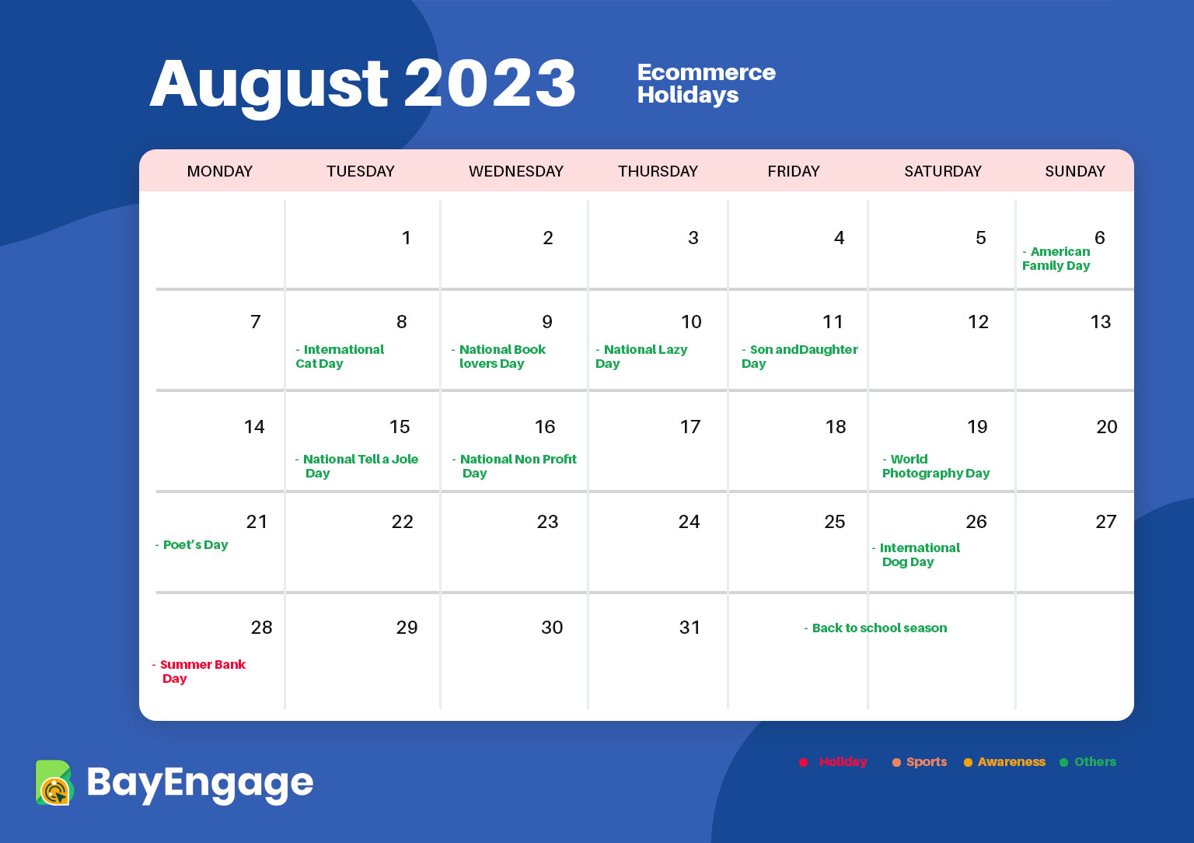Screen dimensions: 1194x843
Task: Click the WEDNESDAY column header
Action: [515, 171]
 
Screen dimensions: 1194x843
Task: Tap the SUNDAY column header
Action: [1074, 171]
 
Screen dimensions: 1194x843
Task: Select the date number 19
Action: [977, 427]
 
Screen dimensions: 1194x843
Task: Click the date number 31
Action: [690, 627]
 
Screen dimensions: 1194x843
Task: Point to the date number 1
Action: [407, 237]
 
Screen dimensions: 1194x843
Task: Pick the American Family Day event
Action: [1056, 259]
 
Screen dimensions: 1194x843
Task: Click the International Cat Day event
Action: [340, 356]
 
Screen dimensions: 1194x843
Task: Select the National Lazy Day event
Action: [641, 356]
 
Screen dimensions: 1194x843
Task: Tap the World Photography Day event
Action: [935, 466]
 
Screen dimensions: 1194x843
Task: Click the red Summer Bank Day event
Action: [199, 671]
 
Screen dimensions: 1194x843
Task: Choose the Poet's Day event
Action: [191, 544]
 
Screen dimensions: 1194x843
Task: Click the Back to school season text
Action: [875, 628]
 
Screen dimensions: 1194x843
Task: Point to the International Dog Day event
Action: [916, 554]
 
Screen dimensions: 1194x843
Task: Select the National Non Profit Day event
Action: [515, 466]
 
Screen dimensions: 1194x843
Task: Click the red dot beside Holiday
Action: [803, 762]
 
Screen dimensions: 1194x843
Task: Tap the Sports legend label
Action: [927, 761]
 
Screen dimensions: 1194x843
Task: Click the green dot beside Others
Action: [1063, 762]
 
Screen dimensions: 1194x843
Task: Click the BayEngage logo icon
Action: [54, 783]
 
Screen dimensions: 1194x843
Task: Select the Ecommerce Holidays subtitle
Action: [707, 83]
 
